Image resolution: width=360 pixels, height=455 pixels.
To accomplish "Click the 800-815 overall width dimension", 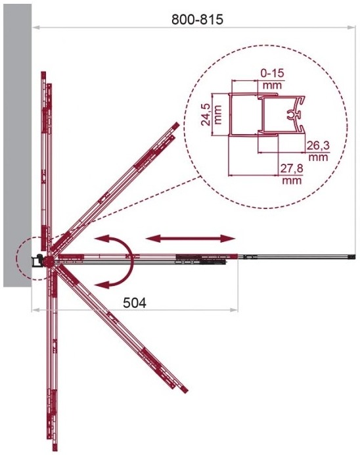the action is click(197, 20).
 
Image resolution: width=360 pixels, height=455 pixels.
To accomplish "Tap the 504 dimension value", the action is click(135, 302).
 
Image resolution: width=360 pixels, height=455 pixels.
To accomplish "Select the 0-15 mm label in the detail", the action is click(273, 78).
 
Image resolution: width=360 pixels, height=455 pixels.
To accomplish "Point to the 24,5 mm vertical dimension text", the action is click(212, 115).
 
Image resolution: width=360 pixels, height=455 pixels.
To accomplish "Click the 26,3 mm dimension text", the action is click(318, 151).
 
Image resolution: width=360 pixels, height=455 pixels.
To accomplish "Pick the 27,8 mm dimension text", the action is click(292, 174).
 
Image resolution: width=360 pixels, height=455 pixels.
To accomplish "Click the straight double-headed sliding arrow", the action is click(191, 239).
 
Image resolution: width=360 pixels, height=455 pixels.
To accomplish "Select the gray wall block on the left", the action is click(17, 145).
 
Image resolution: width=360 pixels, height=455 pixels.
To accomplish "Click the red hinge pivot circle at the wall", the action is click(49, 261).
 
